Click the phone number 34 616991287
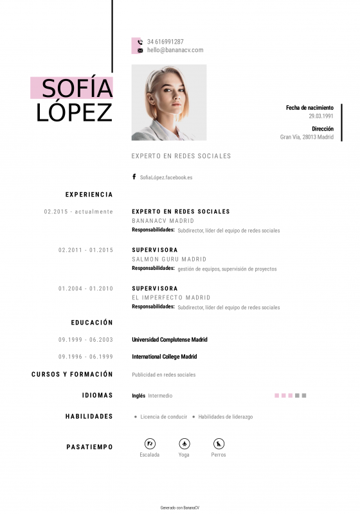click(x=165, y=42)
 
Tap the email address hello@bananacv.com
click(x=175, y=50)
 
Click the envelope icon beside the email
click(x=140, y=50)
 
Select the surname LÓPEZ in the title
click(x=75, y=112)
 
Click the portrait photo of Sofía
click(x=169, y=103)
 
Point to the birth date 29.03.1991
click(x=321, y=116)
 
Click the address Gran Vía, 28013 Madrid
click(x=307, y=137)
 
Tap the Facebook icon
click(x=134, y=177)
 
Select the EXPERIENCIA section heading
click(x=89, y=195)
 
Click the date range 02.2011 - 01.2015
click(x=85, y=250)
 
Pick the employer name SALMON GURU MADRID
click(x=164, y=260)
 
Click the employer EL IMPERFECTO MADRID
click(x=171, y=298)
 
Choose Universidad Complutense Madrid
click(x=170, y=340)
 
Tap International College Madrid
click(x=164, y=357)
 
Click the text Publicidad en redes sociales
click(x=164, y=375)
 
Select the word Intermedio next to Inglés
click(x=160, y=396)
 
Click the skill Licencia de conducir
click(x=163, y=417)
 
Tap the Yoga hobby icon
click(x=184, y=443)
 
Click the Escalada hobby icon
click(x=150, y=443)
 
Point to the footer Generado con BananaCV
click(x=180, y=508)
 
